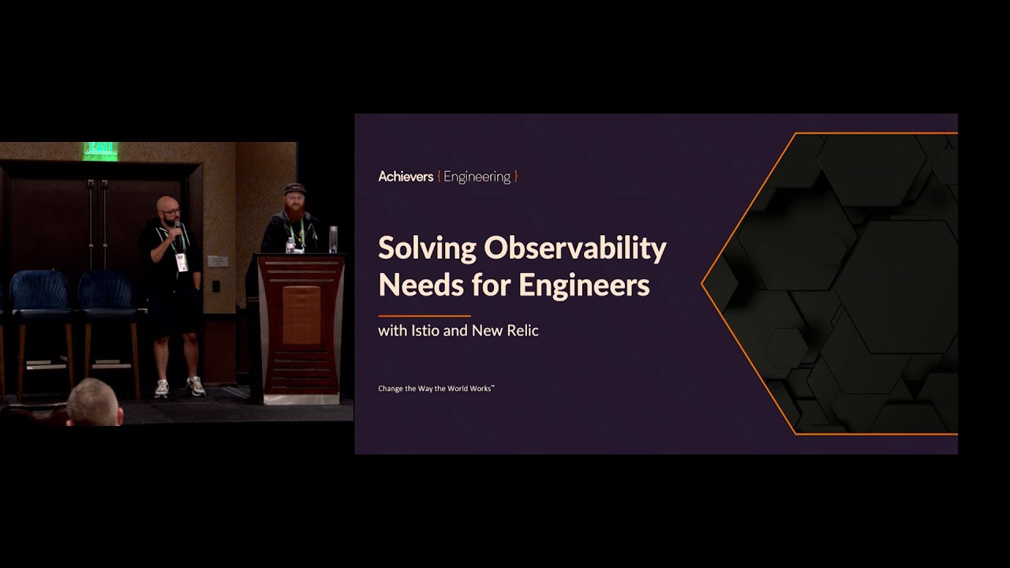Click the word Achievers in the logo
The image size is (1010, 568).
pos(406,176)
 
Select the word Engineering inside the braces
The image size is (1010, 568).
pos(477,177)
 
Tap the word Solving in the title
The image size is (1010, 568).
pos(427,248)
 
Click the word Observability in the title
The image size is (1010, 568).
pos(575,248)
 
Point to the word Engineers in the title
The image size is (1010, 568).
pos(584,285)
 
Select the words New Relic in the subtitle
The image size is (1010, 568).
pos(505,331)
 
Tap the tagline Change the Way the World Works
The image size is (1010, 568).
pos(436,388)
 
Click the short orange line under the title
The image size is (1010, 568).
pos(425,316)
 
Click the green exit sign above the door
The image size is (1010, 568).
pos(100,150)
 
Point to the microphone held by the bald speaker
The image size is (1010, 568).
pos(178,229)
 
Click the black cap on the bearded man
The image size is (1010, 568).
pos(295,189)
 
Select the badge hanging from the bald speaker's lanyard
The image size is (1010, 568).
pos(181,263)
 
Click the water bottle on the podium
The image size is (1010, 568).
pos(290,245)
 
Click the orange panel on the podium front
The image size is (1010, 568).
pos(301,316)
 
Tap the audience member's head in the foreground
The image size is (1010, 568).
pos(94,402)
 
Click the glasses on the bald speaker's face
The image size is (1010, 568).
pos(170,212)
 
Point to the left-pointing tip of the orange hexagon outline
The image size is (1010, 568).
pos(701,284)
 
